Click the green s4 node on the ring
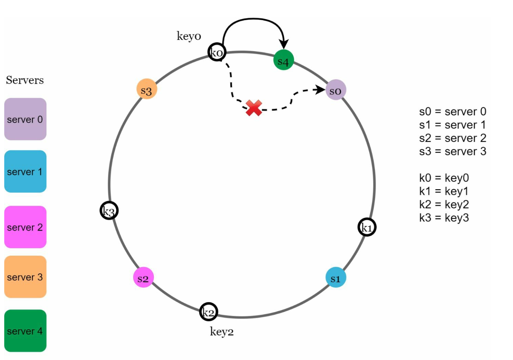(283, 60)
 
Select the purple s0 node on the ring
(336, 90)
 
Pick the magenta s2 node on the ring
(143, 277)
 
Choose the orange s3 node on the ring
(147, 89)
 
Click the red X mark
(254, 108)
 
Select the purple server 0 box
(25, 119)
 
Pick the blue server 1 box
(25, 171)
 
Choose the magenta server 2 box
(25, 227)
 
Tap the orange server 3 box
(25, 277)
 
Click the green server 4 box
(25, 331)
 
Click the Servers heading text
(25, 80)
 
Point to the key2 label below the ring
(222, 332)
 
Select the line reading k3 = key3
(444, 217)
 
